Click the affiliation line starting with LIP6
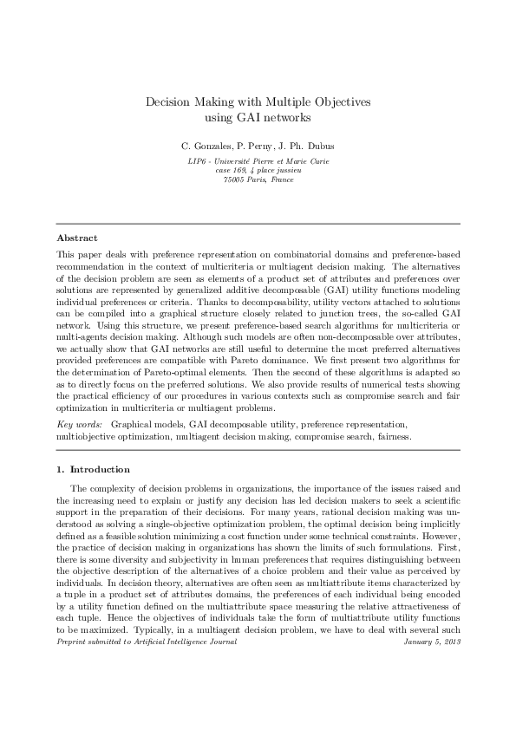point(258,162)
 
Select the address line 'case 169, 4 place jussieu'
point(258,171)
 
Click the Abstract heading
point(76,237)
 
